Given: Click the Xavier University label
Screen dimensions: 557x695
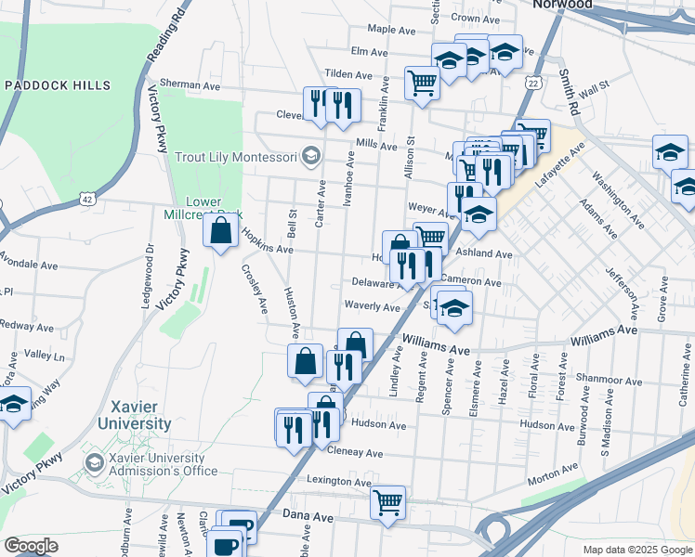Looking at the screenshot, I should [141, 415].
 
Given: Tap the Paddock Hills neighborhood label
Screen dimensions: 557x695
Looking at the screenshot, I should [58, 85].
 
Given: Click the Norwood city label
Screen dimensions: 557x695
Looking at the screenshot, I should [561, 5].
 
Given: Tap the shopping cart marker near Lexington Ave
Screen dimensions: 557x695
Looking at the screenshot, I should [387, 502].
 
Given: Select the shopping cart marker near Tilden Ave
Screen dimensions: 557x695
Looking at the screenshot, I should [422, 83].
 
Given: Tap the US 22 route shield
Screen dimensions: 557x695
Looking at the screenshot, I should [532, 84].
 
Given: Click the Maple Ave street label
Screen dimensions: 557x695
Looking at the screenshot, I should [391, 30].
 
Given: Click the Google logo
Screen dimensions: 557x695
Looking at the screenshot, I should [31, 546].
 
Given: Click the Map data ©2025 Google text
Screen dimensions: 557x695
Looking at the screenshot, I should [636, 550].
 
